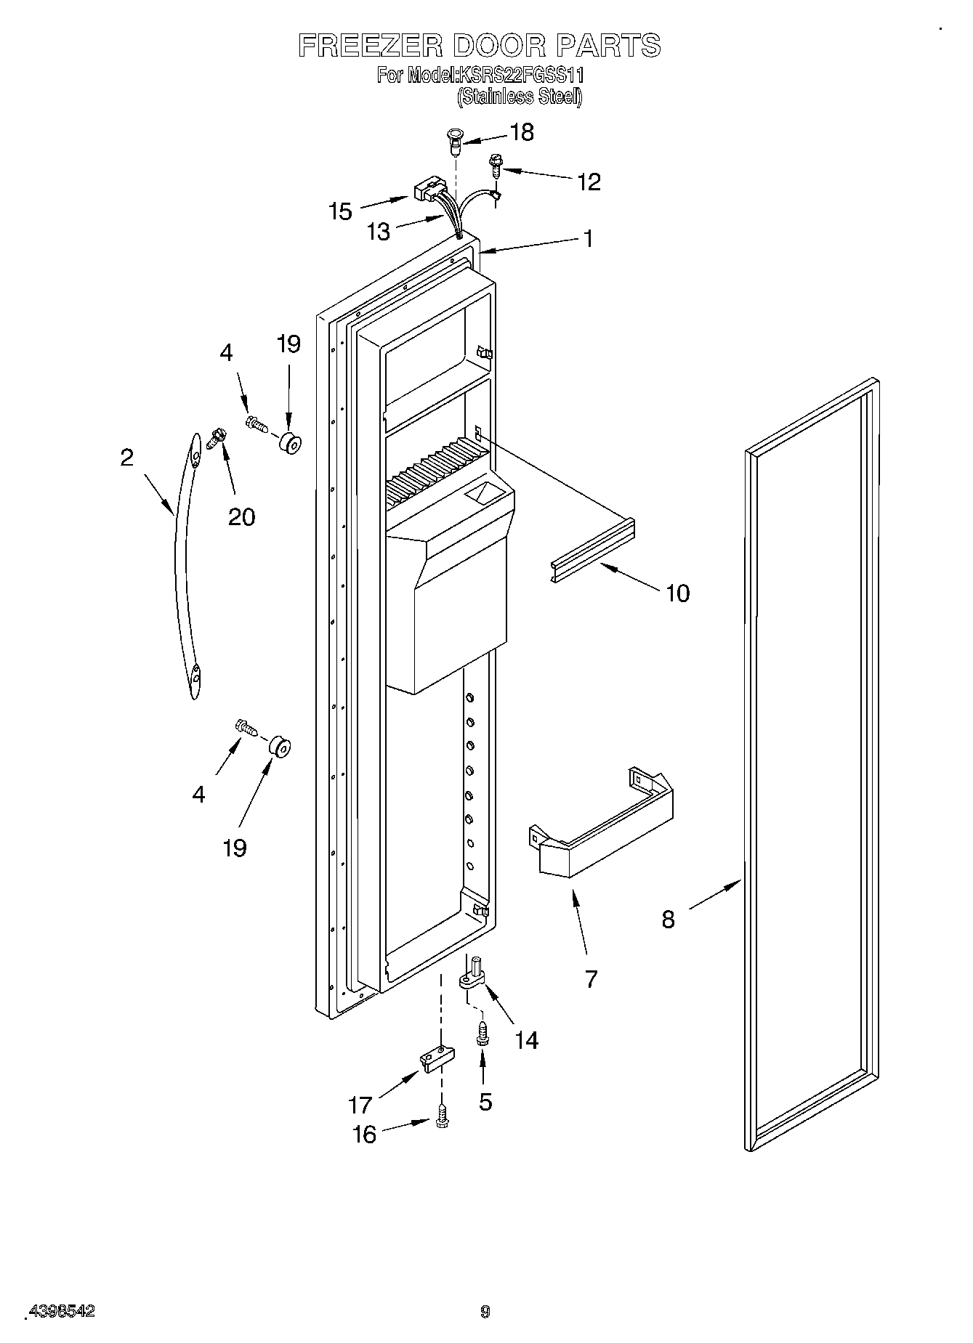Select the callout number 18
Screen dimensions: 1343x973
tap(522, 132)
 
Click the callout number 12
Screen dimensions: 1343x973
tap(589, 182)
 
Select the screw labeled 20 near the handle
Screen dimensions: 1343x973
tap(215, 438)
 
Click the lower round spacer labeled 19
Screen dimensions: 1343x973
tap(279, 747)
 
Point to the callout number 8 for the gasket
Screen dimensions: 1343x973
tap(668, 919)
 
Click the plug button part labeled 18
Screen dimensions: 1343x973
tap(455, 141)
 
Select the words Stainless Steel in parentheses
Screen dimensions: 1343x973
tap(520, 97)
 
